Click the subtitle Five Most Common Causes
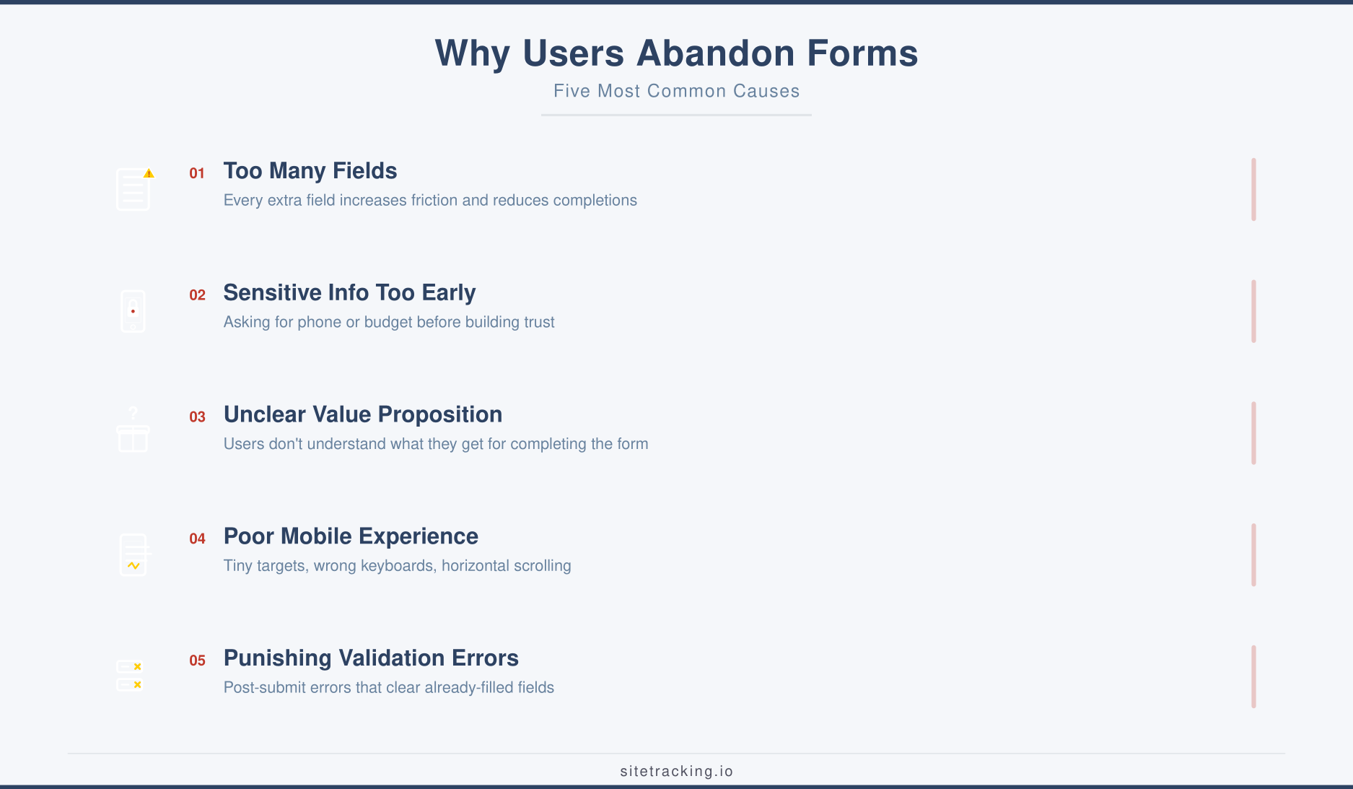click(676, 91)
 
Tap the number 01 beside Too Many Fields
click(197, 173)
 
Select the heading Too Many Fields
click(310, 171)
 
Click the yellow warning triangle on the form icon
click(149, 173)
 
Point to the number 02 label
click(197, 295)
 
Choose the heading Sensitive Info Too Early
click(349, 293)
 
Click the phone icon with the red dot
click(133, 311)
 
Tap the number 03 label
click(197, 417)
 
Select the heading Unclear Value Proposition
click(362, 415)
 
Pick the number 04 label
click(197, 539)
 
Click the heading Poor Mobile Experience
click(351, 536)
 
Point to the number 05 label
click(197, 661)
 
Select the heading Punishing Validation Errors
click(371, 658)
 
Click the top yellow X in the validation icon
click(137, 666)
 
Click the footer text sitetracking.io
click(676, 771)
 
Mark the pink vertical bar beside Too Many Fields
click(1253, 189)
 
